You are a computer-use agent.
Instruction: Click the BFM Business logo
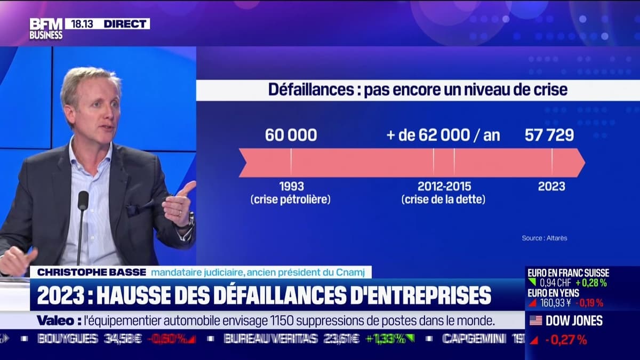coord(46,29)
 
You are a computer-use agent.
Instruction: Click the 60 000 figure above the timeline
coord(291,135)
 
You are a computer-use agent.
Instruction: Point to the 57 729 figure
coord(549,135)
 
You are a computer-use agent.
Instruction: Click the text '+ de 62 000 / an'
coord(443,135)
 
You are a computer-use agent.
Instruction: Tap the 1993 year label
coord(291,187)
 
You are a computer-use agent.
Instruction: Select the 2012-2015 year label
coord(444,187)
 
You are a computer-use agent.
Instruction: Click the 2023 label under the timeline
coord(551,187)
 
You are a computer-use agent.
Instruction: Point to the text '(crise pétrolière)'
coord(291,200)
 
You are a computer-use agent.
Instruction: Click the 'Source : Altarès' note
coord(545,238)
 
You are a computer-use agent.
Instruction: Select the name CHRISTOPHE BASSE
coord(91,272)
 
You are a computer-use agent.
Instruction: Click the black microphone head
coord(83,201)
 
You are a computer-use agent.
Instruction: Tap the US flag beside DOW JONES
coord(535,321)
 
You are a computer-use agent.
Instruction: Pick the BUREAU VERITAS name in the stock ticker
coord(270,339)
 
